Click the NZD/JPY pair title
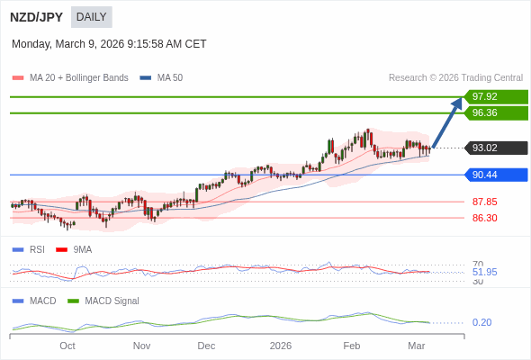click(37, 17)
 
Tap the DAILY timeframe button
click(91, 17)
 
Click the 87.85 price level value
click(484, 202)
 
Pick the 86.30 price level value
click(484, 218)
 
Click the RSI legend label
click(36, 249)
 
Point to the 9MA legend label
click(82, 249)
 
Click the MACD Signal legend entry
click(112, 301)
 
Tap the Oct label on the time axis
click(67, 345)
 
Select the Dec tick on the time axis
click(206, 345)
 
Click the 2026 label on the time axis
click(281, 345)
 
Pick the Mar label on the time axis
click(416, 345)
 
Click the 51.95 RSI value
click(484, 272)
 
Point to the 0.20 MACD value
click(481, 322)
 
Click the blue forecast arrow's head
click(457, 103)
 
